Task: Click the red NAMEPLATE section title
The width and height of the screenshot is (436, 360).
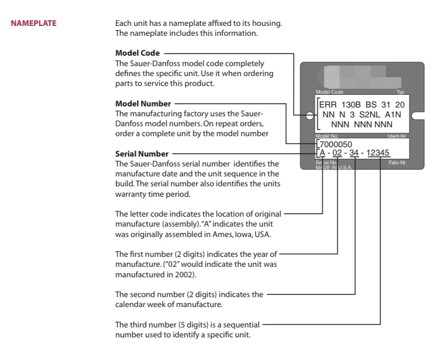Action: pos(34,23)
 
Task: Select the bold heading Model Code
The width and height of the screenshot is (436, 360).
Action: pos(137,53)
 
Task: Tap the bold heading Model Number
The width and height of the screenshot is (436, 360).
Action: pos(143,104)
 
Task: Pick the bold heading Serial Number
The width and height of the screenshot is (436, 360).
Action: pos(142,154)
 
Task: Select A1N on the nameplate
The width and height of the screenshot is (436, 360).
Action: pos(392,114)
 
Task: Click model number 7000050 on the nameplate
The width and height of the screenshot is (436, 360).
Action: pos(336,144)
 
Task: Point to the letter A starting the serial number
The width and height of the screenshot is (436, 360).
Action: pos(322,153)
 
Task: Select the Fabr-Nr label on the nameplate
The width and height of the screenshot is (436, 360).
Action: pos(396,163)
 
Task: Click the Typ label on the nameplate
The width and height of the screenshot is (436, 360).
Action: pos(400,92)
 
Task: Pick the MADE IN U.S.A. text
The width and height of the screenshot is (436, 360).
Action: pos(329,167)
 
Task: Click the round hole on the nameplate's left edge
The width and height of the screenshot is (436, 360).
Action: pos(310,116)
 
